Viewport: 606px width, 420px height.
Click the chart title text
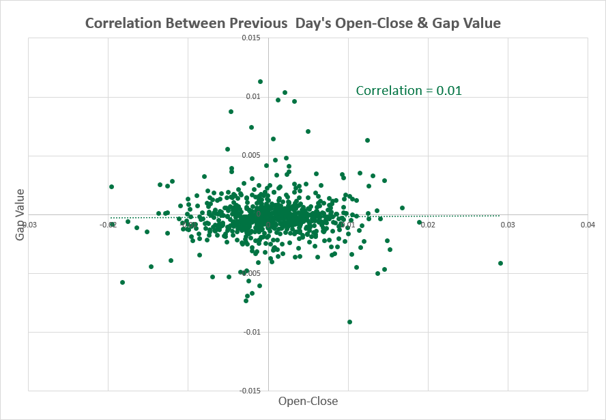click(x=293, y=23)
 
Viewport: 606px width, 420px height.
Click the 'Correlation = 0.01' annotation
click(x=409, y=90)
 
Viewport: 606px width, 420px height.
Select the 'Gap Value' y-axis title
click(x=20, y=214)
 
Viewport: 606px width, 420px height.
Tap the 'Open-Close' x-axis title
click(x=308, y=401)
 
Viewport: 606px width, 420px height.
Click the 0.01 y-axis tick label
click(x=254, y=96)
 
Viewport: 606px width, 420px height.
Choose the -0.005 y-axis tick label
click(x=250, y=273)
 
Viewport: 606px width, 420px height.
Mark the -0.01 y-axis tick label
click(x=252, y=332)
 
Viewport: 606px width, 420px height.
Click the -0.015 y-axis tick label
click(x=250, y=391)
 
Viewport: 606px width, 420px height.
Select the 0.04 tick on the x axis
click(x=588, y=224)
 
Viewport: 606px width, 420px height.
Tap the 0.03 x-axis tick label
click(x=508, y=224)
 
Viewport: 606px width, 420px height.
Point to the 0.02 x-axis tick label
click(x=428, y=224)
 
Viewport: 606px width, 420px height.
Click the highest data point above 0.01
click(x=260, y=81)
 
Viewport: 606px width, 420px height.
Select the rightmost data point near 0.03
click(x=500, y=263)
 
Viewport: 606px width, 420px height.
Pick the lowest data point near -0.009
click(x=349, y=322)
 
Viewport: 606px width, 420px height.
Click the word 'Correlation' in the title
click(x=122, y=23)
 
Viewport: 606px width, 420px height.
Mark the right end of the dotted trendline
click(x=500, y=215)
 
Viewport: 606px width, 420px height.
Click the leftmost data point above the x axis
click(x=111, y=186)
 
